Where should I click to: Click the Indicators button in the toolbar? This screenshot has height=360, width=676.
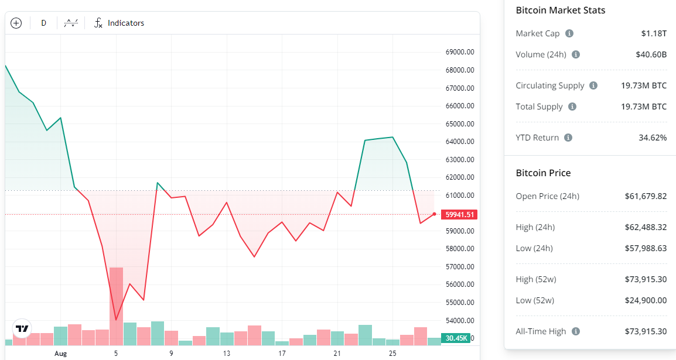pos(120,23)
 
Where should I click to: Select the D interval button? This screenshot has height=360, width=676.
pos(43,23)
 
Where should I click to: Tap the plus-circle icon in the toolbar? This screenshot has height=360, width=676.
pos(16,23)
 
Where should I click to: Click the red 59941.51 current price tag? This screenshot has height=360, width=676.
pos(460,214)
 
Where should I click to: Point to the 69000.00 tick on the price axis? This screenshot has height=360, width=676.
pos(459,52)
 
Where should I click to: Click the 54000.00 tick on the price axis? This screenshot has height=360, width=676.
pos(459,320)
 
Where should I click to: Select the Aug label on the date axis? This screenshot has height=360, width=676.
pos(61,354)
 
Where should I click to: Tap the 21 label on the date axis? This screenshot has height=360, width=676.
pos(337,354)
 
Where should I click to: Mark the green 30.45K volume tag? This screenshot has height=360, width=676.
pos(456,338)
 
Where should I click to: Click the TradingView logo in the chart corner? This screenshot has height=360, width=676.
pos(22,329)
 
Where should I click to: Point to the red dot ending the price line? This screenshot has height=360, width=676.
pos(434,214)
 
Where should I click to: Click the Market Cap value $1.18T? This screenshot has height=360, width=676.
pos(654,33)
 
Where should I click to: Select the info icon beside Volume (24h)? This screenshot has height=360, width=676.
pos(576,54)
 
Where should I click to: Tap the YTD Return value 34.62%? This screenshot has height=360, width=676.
pos(653,138)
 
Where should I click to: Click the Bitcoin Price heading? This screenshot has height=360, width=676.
pos(543,173)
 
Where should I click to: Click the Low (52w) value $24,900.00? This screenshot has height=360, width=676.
pos(646,300)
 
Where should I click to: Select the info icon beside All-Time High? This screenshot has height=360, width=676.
pos(576,331)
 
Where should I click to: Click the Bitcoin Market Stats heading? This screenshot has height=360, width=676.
pos(560,11)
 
